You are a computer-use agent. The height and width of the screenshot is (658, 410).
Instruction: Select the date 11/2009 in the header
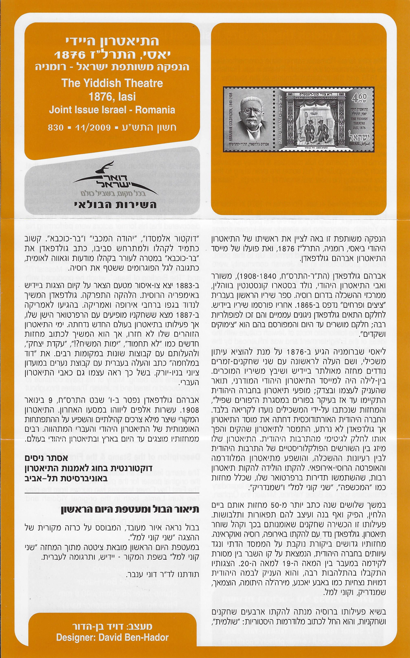click(92, 128)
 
